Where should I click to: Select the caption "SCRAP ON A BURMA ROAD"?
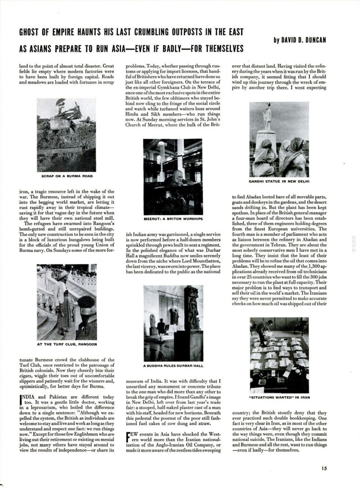click(67, 176)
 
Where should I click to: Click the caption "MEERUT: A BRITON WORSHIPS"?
click(173, 219)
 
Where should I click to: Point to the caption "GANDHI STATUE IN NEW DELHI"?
click(279, 182)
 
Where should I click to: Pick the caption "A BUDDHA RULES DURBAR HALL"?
click(173, 365)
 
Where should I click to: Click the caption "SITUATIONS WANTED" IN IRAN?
click(279, 398)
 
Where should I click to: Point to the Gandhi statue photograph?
click(279, 139)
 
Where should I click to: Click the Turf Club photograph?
click(67, 302)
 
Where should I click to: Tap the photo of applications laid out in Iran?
click(279, 354)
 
